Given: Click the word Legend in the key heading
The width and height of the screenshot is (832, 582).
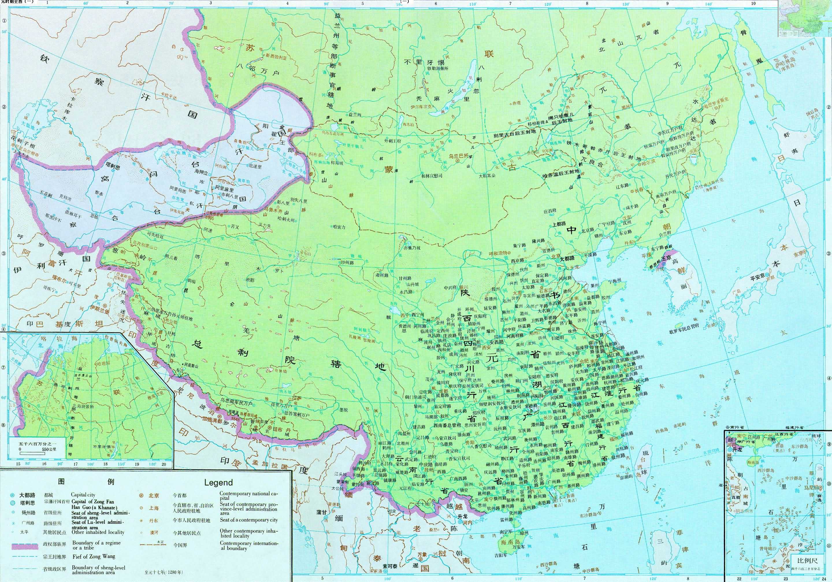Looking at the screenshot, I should pos(218,482).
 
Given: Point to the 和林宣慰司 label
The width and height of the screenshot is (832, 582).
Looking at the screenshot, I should pos(432,176).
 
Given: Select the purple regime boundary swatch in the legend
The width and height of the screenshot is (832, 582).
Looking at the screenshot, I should pos(25,546).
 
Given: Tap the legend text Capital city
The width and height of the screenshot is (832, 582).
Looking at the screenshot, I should pos(83,495).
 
